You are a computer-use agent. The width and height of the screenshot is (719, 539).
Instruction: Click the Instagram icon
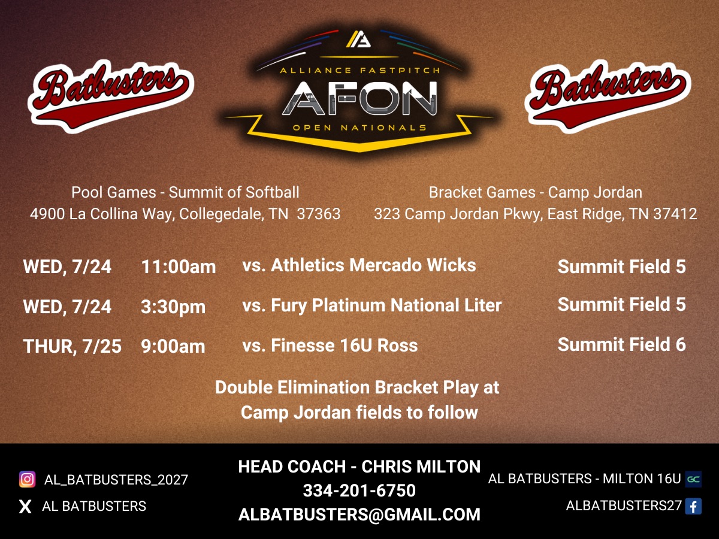[27, 479]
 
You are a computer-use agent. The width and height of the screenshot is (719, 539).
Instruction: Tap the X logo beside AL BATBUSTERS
[25, 507]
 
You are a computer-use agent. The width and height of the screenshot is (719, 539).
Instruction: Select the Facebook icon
[693, 507]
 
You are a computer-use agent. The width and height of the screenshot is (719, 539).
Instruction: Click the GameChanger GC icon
[693, 479]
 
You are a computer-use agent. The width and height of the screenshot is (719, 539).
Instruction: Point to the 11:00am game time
[179, 267]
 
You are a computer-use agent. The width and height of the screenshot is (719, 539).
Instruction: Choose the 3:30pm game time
[173, 307]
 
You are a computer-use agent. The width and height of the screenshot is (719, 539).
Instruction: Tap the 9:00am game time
[173, 346]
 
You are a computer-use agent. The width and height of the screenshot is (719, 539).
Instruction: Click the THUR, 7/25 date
[72, 346]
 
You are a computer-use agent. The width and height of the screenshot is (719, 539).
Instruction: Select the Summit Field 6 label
[621, 344]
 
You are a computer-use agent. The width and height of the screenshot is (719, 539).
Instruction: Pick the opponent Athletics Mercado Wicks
[359, 265]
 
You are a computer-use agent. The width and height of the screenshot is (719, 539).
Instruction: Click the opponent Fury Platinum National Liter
[371, 305]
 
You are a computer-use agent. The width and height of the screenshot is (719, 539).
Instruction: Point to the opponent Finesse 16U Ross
[330, 345]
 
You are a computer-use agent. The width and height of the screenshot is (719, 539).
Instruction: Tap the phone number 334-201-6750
[359, 490]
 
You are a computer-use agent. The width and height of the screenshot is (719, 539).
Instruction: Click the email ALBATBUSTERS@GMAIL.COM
[359, 514]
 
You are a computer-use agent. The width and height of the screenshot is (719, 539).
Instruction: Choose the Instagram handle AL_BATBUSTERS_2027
[116, 480]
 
